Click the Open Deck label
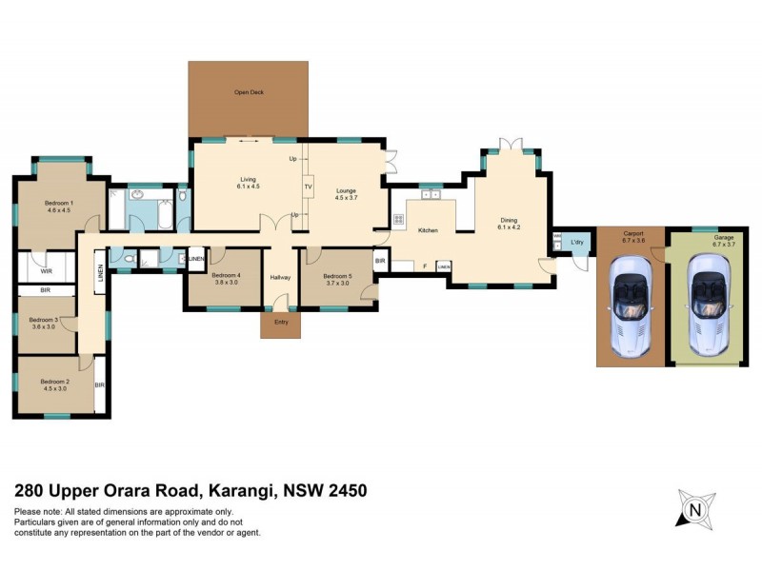[x=250, y=92]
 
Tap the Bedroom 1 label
[x=59, y=203]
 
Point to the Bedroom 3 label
[x=44, y=320]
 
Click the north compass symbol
[x=695, y=509]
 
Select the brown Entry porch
[x=280, y=325]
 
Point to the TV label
[x=308, y=187]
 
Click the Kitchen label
[x=428, y=230]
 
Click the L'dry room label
[x=576, y=243]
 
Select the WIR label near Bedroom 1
[x=46, y=255]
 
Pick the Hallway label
[x=280, y=277]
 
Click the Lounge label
[x=346, y=191]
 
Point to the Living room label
[x=248, y=179]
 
